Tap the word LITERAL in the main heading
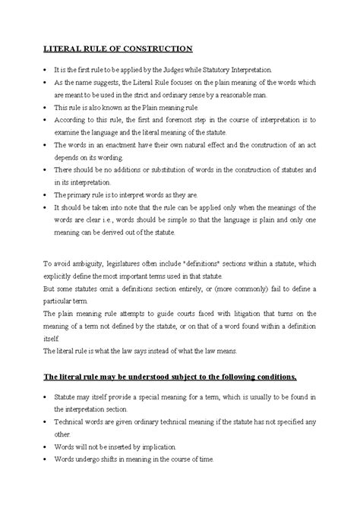62,49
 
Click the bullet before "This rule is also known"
46,110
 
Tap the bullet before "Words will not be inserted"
46,447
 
